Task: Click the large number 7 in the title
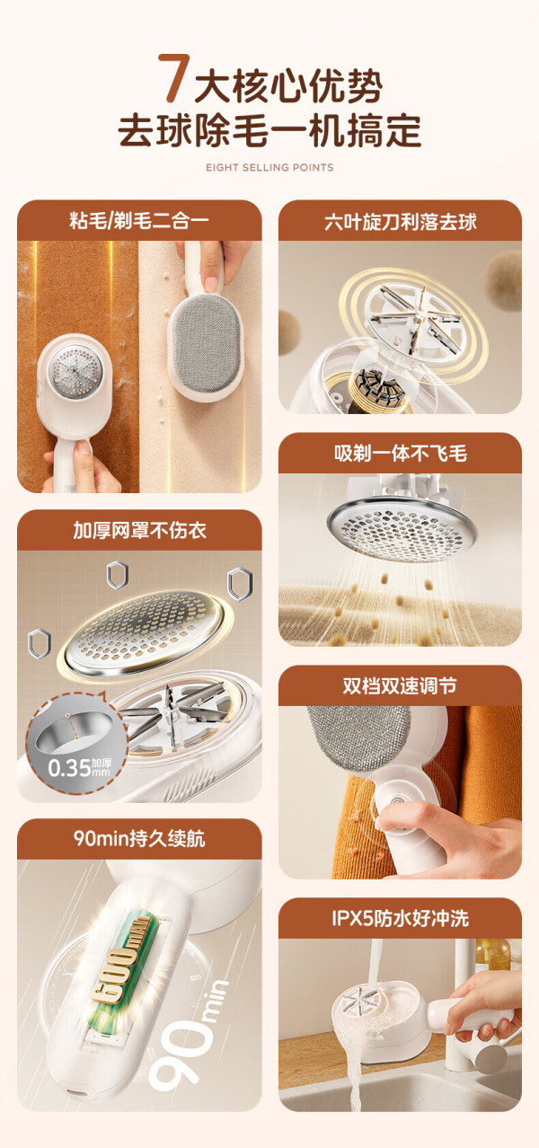point(174,78)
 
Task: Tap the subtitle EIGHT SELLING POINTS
point(269,168)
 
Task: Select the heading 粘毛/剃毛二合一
point(139,221)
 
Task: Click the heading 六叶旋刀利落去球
point(400,221)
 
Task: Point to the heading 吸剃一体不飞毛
point(400,454)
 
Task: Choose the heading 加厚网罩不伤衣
point(139,531)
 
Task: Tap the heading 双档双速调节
point(400,685)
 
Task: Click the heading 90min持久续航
point(139,839)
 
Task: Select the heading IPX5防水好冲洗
point(400,918)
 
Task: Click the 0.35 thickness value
point(69,768)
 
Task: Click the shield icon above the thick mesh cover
point(118,576)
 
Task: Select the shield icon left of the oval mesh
point(40,644)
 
